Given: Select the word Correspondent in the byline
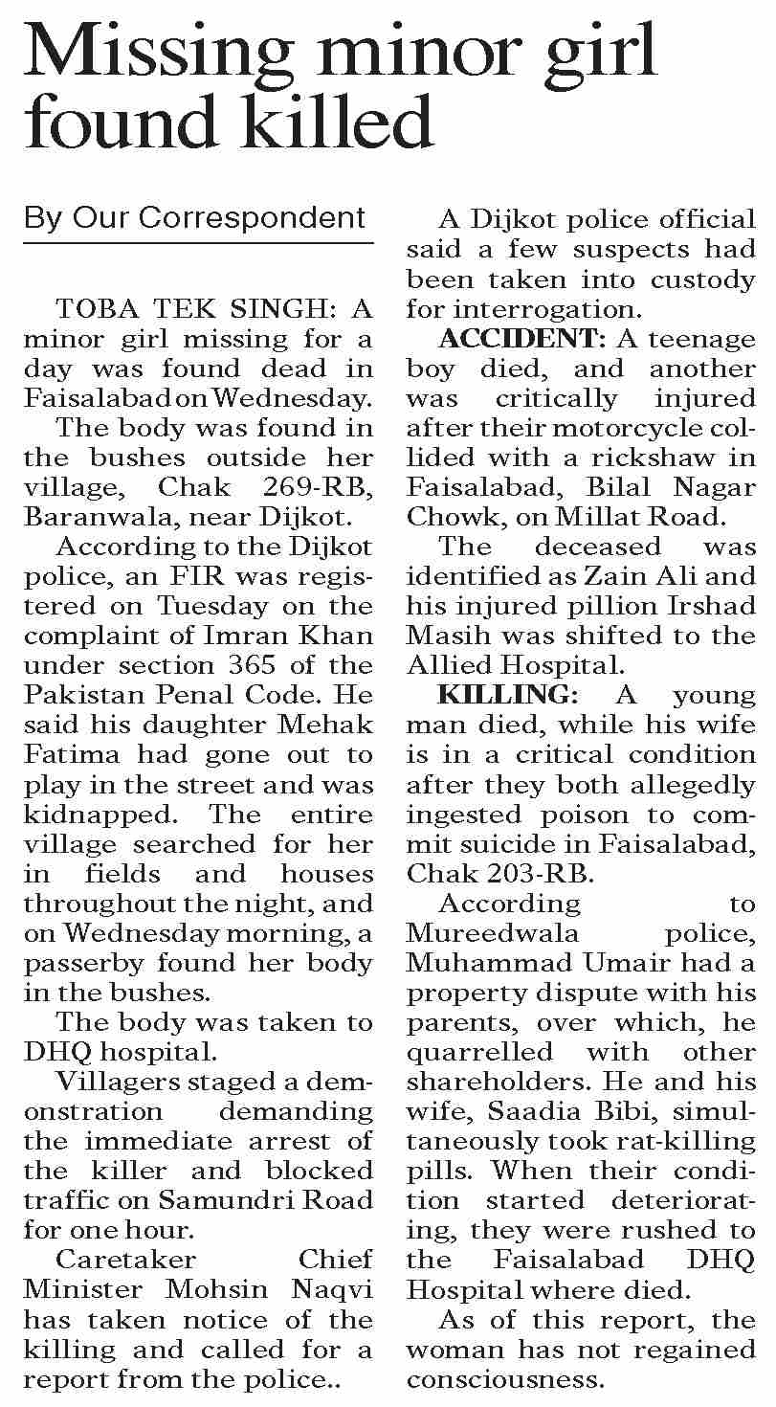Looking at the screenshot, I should [x=253, y=218].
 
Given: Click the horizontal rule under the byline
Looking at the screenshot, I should [x=198, y=244].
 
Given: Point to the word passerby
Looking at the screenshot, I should [x=86, y=963].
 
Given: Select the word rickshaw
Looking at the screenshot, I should [x=660, y=458].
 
